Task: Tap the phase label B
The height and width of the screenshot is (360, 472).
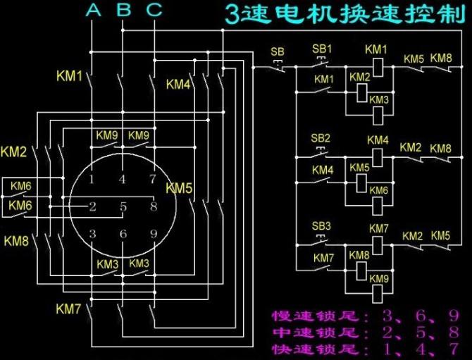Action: (x=123, y=10)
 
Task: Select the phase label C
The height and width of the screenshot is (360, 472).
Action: (x=154, y=10)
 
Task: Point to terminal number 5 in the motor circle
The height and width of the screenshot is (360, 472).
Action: (x=123, y=207)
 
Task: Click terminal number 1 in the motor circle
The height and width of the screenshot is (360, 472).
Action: (x=92, y=179)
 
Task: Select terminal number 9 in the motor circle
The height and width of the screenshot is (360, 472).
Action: (x=153, y=234)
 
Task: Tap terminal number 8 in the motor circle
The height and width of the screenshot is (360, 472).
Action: (x=153, y=207)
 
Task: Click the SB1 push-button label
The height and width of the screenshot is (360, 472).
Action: (x=321, y=49)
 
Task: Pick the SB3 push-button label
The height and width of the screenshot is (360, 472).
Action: (x=321, y=225)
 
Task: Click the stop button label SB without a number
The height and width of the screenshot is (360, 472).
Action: (x=278, y=51)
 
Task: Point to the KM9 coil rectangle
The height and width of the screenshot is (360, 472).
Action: (x=379, y=289)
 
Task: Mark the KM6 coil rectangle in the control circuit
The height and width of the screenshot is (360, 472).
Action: (x=379, y=201)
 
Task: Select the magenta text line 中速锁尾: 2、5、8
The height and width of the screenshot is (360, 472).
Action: (x=365, y=333)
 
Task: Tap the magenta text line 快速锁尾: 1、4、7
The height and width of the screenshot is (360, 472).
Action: (x=365, y=349)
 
